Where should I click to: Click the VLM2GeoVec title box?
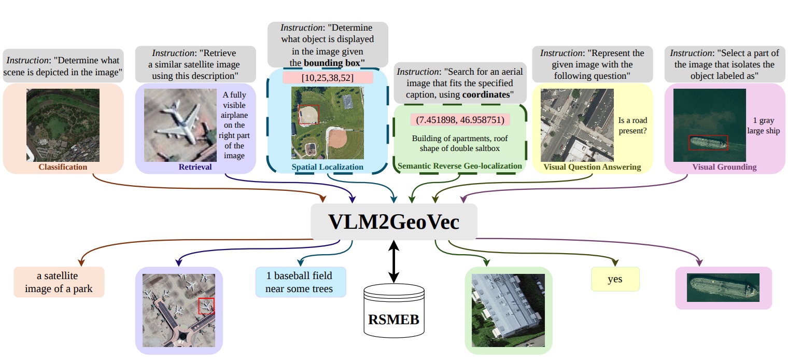[393, 221]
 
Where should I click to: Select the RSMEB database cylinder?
[394, 311]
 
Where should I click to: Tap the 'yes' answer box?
[615, 279]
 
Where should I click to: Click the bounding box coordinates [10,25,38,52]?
[328, 78]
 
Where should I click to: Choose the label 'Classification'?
[63, 167]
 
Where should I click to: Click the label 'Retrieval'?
[195, 167]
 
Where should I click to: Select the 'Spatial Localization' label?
[328, 167]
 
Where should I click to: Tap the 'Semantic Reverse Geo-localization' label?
[460, 166]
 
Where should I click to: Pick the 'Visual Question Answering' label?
[592, 167]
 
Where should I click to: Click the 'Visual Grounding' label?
[724, 167]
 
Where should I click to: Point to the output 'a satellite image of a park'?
[59, 282]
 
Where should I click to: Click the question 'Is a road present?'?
[632, 126]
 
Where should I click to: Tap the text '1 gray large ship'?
[763, 126]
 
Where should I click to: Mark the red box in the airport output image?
[206, 306]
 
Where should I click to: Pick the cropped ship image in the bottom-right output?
[723, 287]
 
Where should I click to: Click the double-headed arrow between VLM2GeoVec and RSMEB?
[393, 261]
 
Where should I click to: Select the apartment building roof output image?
[509, 310]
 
